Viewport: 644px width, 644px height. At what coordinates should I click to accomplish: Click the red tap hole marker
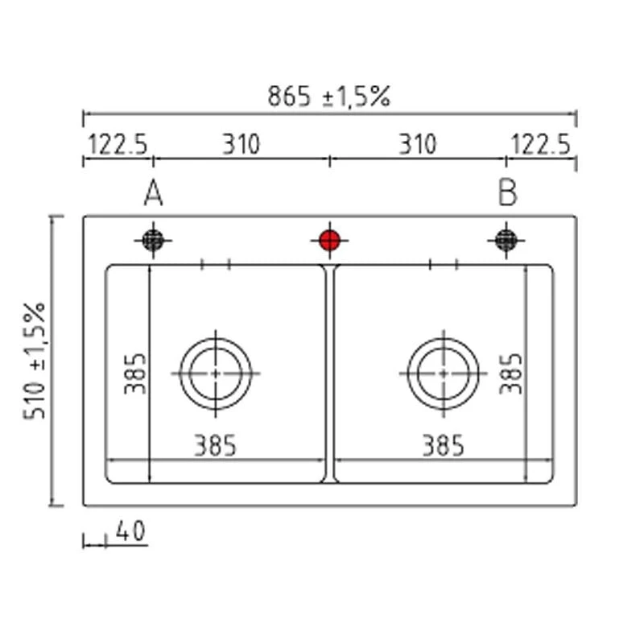[x=330, y=240]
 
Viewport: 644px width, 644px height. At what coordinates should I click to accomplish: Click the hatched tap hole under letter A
[x=153, y=240]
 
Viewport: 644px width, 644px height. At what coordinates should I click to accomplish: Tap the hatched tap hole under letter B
[x=506, y=240]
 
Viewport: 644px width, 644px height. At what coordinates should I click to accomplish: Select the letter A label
[x=154, y=192]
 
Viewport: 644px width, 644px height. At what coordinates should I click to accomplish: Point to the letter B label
[x=507, y=192]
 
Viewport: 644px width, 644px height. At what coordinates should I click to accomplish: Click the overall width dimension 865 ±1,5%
[x=328, y=97]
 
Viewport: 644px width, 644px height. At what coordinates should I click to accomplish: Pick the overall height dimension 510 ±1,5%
[x=34, y=361]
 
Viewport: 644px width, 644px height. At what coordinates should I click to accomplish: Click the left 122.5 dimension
[x=118, y=145]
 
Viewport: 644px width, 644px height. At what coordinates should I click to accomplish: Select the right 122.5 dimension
[x=541, y=145]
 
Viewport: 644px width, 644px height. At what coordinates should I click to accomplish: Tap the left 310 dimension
[x=241, y=145]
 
